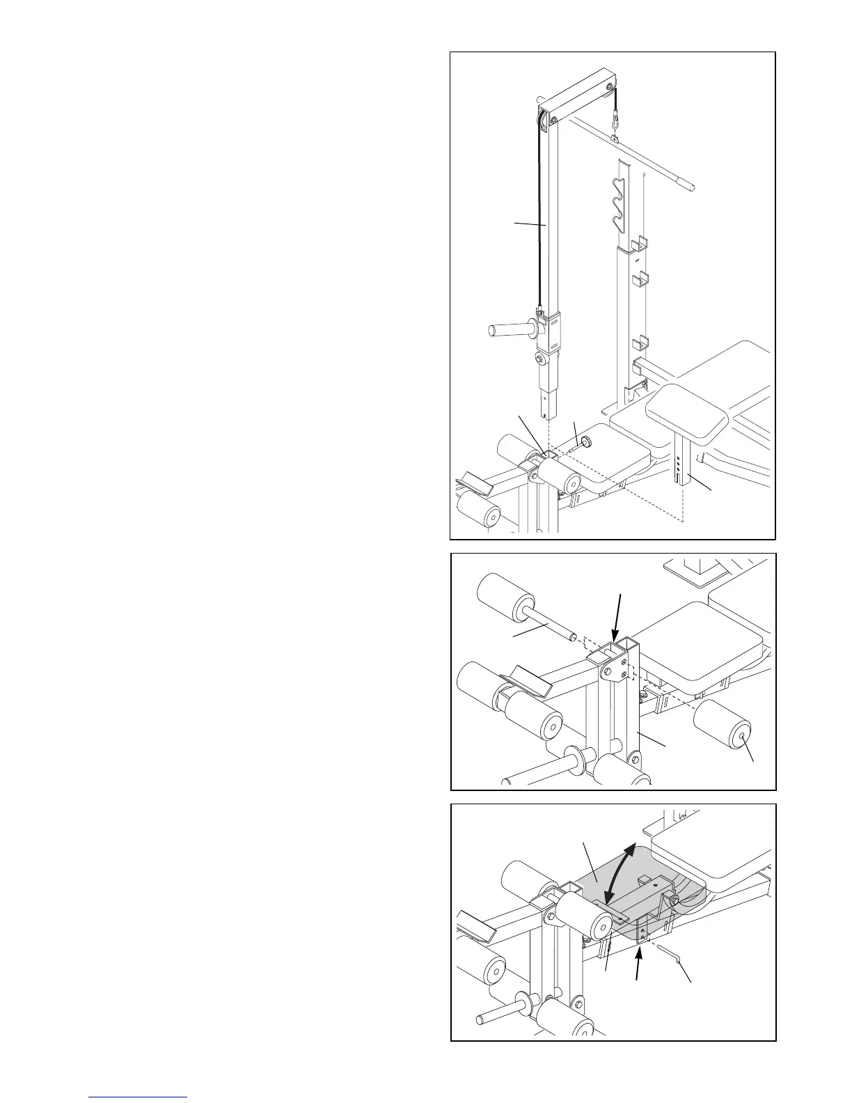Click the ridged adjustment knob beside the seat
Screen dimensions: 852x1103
coord(586,441)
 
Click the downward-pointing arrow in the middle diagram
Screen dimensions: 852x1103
coord(617,618)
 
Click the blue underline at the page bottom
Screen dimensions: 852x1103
coord(139,1097)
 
